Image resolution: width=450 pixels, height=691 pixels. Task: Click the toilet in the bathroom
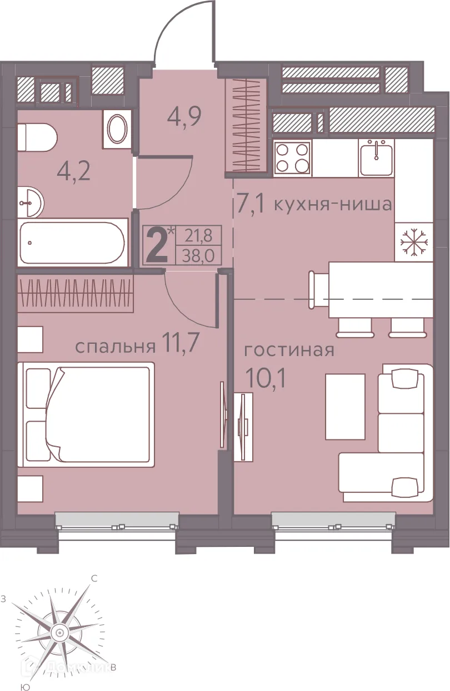coord(37,137)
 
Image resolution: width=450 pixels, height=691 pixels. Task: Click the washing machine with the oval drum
coord(117,129)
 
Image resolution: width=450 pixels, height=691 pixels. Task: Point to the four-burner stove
coord(292,158)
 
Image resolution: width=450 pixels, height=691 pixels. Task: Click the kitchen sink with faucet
coord(376,157)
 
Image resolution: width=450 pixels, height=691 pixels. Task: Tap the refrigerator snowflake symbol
coord(414,243)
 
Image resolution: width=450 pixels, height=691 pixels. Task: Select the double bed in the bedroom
coord(86,414)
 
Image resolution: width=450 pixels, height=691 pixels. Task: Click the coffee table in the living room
coord(345,406)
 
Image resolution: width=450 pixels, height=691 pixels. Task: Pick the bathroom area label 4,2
coord(74,168)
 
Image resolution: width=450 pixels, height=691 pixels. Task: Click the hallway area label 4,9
coord(183,117)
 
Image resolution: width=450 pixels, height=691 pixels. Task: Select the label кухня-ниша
coord(333,204)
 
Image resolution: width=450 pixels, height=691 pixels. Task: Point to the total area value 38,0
coord(198,256)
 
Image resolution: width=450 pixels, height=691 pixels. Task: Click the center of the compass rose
coord(59,632)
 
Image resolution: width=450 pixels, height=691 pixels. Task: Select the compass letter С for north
coord(94,579)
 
